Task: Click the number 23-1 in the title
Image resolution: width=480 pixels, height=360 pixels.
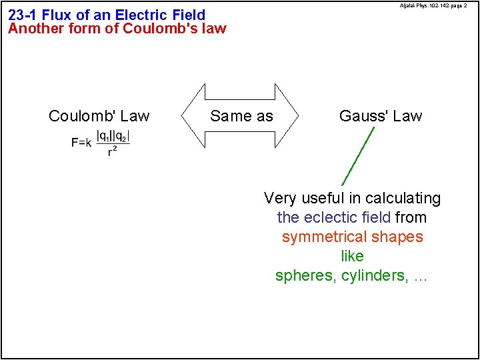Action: [23, 15]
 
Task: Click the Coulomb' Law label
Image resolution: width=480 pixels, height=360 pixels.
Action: [99, 116]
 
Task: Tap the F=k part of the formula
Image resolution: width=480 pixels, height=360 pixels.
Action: [81, 143]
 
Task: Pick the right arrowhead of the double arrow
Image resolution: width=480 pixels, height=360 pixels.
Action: [287, 115]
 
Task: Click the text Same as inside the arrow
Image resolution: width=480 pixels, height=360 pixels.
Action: [241, 116]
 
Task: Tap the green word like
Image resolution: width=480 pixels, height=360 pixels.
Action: [352, 257]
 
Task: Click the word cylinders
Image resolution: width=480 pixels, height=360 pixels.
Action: [373, 276]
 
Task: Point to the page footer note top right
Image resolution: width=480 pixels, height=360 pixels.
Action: [433, 5]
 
